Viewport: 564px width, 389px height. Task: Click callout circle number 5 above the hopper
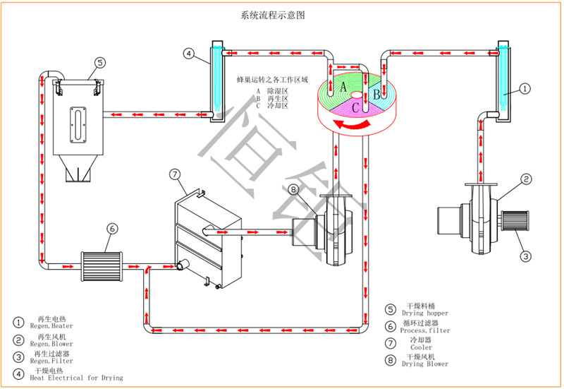[100, 63]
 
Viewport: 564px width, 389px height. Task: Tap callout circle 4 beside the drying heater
[188, 53]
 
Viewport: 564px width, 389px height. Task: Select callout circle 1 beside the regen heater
[525, 89]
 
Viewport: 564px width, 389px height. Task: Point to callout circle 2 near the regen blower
[525, 180]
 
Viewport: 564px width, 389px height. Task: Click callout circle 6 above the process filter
[111, 228]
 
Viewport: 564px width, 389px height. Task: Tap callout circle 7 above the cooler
[175, 173]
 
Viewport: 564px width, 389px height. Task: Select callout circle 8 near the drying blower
[293, 188]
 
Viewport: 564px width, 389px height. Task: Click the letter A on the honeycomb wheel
[343, 87]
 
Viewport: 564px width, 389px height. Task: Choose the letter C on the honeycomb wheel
[357, 107]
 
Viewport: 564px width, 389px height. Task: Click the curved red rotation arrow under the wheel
[351, 125]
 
